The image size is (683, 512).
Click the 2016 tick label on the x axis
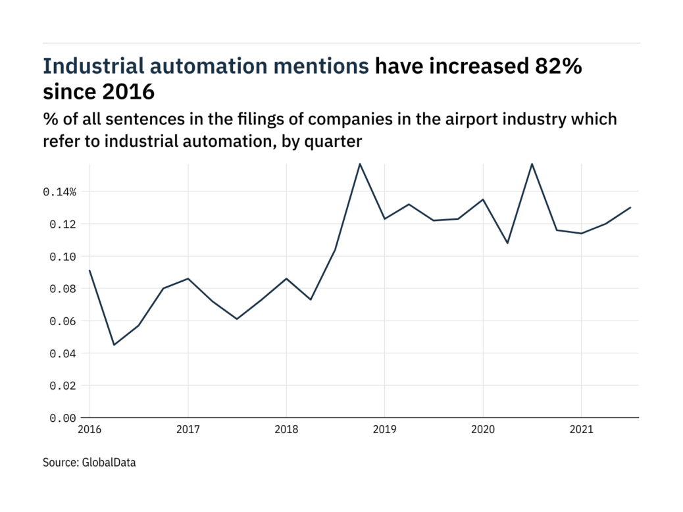(x=89, y=430)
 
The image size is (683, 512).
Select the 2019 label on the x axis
(x=384, y=430)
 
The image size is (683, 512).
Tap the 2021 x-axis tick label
(x=581, y=430)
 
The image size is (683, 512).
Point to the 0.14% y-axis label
(x=60, y=192)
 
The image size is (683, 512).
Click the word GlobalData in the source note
(x=109, y=463)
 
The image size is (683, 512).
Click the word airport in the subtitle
(x=436, y=119)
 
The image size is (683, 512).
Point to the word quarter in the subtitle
(x=339, y=140)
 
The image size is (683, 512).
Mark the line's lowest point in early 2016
(x=114, y=345)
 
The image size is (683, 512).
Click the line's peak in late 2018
(x=359, y=163)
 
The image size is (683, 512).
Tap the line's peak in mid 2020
(x=532, y=163)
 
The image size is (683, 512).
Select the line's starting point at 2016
(x=89, y=270)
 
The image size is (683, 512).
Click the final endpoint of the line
(x=630, y=208)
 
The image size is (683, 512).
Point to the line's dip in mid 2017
(x=237, y=319)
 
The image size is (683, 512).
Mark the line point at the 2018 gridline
(x=286, y=278)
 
